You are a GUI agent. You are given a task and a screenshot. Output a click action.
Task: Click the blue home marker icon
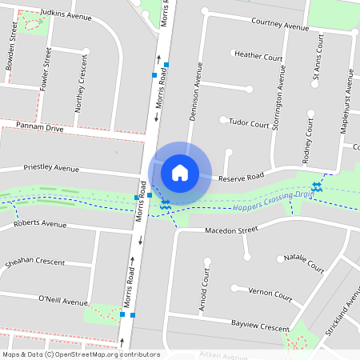pyautogui.click(x=180, y=172)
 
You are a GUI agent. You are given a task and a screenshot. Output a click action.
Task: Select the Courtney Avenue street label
pyautogui.click(x=279, y=26)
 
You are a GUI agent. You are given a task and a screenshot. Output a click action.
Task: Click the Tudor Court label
pyautogui.click(x=249, y=124)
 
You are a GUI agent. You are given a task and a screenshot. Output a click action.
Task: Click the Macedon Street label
pyautogui.click(x=231, y=230)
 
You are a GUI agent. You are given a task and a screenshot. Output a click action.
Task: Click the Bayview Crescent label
pyautogui.click(x=259, y=329)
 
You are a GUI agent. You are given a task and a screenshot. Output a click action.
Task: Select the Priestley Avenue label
pyautogui.click(x=51, y=169)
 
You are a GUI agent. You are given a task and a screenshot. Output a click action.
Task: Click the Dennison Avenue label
pyautogui.click(x=196, y=92)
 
